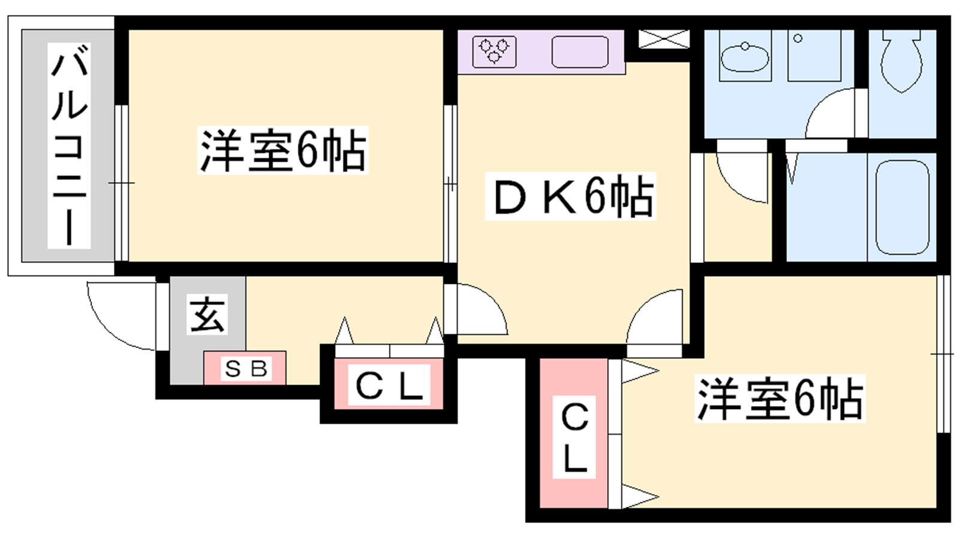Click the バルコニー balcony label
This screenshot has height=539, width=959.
(69, 146)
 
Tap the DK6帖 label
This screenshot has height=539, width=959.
(570, 196)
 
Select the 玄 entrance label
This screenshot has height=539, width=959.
(207, 314)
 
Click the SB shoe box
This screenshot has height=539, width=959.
(245, 368)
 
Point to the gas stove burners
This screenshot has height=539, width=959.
(494, 52)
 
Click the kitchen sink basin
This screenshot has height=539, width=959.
(580, 52)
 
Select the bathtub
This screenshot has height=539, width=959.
(902, 207)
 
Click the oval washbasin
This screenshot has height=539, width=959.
(745, 57)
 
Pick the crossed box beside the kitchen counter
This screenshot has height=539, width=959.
(664, 39)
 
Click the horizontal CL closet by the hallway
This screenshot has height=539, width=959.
(389, 384)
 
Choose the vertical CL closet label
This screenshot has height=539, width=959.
(574, 437)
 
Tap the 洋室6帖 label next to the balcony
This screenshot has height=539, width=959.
(283, 150)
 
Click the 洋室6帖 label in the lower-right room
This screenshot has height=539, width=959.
(780, 398)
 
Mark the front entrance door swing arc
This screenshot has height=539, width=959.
(121, 316)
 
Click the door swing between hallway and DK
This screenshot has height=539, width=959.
(482, 309)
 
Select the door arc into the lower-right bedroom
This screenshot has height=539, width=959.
(654, 317)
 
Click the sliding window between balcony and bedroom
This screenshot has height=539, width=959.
(122, 183)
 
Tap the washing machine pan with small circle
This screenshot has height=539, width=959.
(815, 55)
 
